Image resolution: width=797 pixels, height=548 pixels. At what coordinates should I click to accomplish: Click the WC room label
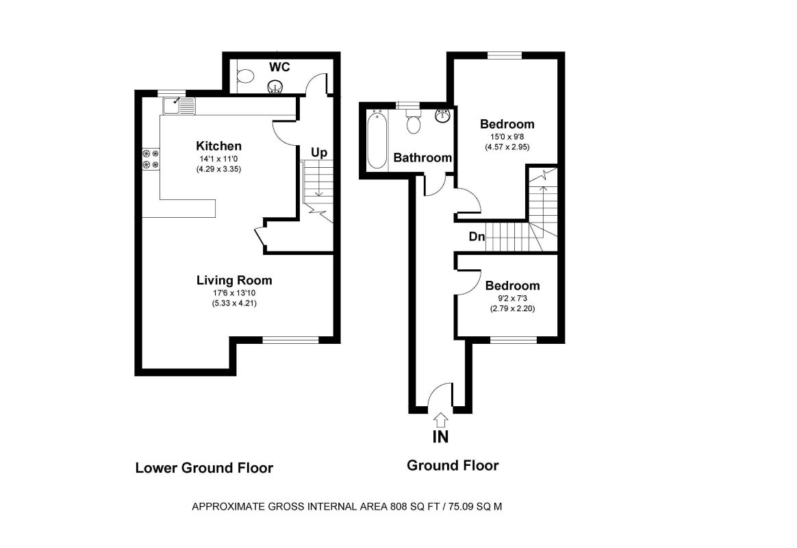279,67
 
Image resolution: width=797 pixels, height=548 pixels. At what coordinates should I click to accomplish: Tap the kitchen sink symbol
179,105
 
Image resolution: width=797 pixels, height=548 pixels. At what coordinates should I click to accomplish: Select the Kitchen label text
218,146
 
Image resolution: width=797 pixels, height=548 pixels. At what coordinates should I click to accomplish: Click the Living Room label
234,280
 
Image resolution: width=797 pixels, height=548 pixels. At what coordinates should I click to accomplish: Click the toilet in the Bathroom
413,123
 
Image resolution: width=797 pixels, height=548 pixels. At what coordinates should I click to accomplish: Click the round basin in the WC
275,86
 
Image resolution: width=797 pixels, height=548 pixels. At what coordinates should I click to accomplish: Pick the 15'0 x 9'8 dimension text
507,136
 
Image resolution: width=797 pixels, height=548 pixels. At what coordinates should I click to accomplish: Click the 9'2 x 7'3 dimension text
511,298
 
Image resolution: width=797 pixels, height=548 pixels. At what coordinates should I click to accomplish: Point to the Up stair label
318,153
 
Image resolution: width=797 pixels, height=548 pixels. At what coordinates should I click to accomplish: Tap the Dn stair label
477,237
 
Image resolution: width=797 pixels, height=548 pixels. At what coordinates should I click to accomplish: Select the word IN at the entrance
440,436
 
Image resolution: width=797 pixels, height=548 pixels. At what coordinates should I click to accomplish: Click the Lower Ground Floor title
204,468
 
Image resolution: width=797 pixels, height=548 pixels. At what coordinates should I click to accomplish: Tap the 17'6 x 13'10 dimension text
234,293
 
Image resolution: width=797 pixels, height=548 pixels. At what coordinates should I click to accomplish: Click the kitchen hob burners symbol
150,159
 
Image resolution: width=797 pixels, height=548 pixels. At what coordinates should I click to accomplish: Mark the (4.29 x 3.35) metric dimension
218,169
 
